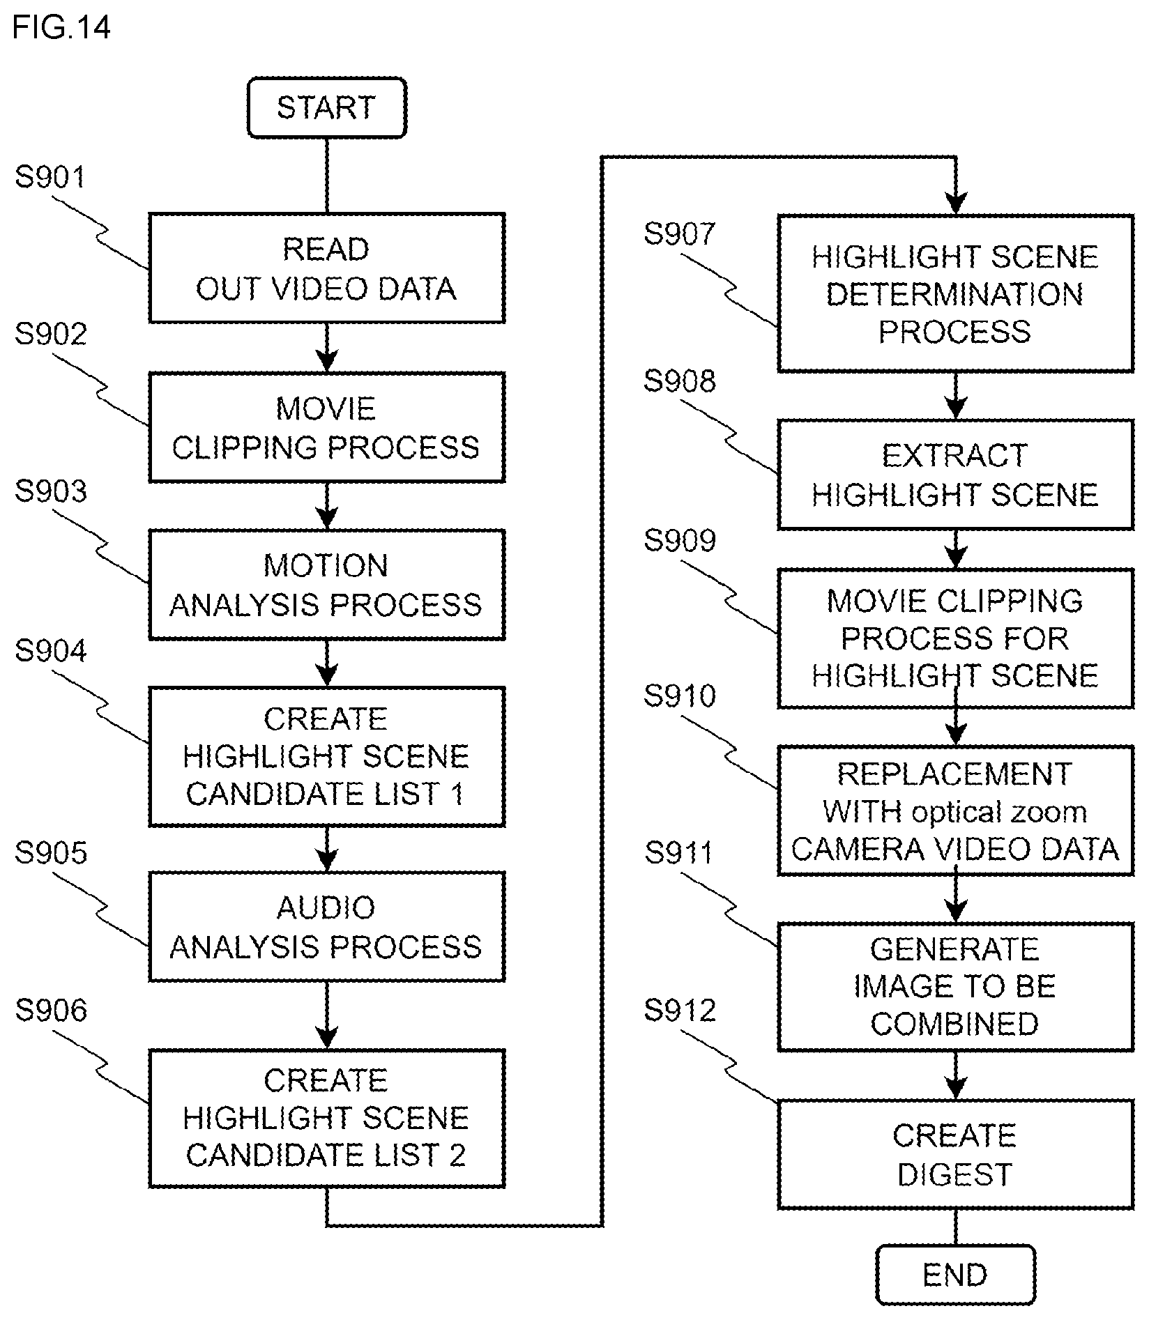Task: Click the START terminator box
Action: coord(326,108)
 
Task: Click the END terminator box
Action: coord(955,1274)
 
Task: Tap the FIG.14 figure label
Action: coord(61,28)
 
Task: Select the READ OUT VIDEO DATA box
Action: coord(326,268)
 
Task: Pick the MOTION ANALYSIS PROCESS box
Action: coord(326,585)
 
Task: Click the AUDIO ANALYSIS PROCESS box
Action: coord(326,926)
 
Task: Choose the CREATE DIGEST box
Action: coord(955,1155)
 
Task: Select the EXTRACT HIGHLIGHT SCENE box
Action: coord(955,475)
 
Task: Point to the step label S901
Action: coord(50,177)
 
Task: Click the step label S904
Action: coord(50,651)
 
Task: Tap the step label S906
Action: coord(51,1011)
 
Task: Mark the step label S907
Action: coord(680,234)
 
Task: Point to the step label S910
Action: coord(680,696)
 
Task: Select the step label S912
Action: coord(680,1011)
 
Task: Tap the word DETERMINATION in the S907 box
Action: coord(955,294)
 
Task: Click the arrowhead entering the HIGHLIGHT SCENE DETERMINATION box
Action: coord(955,204)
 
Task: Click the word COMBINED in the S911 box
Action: coord(955,1024)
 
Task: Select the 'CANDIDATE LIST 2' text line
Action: coord(326,1155)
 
